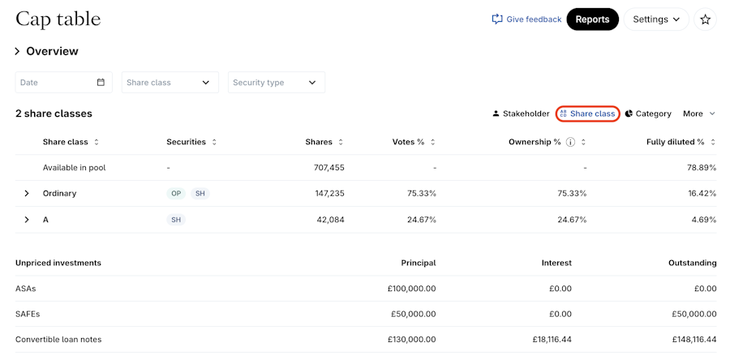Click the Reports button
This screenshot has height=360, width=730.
[592, 19]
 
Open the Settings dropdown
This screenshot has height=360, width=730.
[655, 19]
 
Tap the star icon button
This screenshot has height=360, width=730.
[705, 19]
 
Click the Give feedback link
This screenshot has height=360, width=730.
[526, 19]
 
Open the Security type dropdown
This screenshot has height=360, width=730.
[276, 83]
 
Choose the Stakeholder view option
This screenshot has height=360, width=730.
[521, 114]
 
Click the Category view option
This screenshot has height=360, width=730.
[648, 114]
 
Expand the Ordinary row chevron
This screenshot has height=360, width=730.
[26, 194]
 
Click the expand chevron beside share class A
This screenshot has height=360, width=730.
[26, 220]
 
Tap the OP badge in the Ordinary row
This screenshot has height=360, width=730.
[176, 194]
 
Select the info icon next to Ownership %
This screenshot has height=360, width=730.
[570, 142]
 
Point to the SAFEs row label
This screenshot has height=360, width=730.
[28, 314]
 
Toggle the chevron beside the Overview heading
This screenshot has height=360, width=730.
[17, 52]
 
